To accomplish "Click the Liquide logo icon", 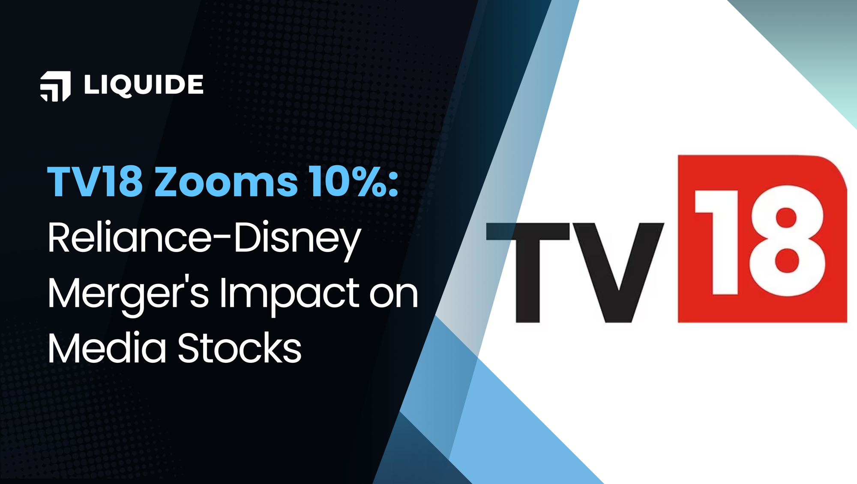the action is click(55, 86).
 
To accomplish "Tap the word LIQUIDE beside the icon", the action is click(144, 84).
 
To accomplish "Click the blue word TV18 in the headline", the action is click(95, 182).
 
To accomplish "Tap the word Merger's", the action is click(128, 294).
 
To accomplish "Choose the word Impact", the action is click(290, 294).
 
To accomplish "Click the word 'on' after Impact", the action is click(394, 295).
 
